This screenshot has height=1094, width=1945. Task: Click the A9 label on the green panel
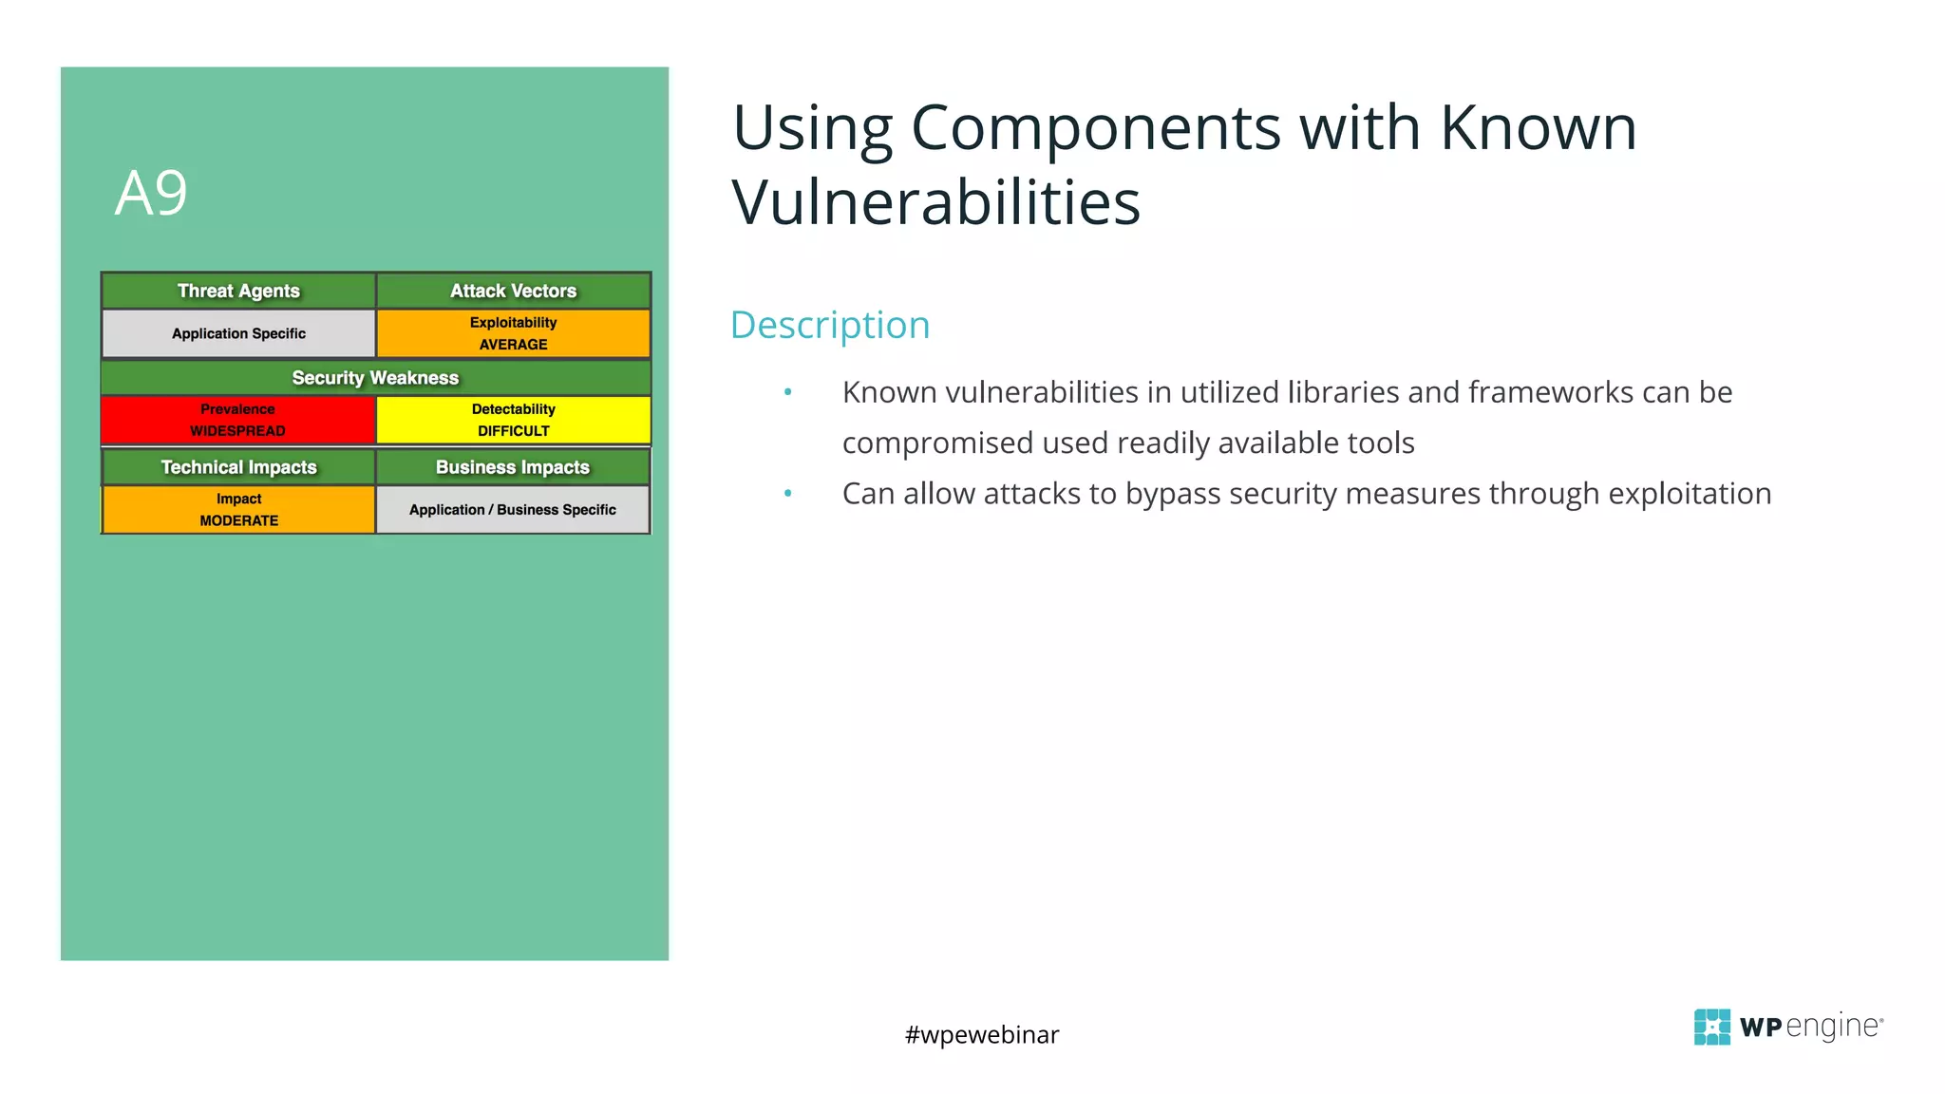click(x=151, y=194)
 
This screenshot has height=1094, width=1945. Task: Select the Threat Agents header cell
click(x=238, y=291)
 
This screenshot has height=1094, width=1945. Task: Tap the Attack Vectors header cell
click(x=513, y=291)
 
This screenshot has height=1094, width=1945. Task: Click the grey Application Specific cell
click(x=238, y=333)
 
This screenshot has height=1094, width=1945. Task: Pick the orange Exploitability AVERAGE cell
click(x=513, y=333)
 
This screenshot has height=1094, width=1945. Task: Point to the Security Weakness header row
click(x=375, y=378)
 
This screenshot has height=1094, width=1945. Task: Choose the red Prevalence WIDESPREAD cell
click(x=237, y=420)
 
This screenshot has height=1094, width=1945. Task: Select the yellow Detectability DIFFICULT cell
click(x=513, y=420)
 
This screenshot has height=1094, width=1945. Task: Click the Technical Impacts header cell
click(x=238, y=467)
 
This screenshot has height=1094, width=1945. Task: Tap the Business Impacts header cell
click(x=513, y=467)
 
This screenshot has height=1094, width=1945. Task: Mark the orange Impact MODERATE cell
click(x=238, y=510)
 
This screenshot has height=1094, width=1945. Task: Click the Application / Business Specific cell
click(x=513, y=510)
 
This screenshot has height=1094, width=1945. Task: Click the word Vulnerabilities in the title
click(x=935, y=202)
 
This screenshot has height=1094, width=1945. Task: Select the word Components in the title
click(x=1096, y=127)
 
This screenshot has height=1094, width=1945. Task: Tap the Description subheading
click(x=829, y=325)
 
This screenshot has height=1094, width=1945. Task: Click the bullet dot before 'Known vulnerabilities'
click(x=787, y=392)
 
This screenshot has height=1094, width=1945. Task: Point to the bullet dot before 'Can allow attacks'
click(x=787, y=493)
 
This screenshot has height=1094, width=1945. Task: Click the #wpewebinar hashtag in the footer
click(x=981, y=1034)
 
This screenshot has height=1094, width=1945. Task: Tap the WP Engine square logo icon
click(x=1711, y=1027)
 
